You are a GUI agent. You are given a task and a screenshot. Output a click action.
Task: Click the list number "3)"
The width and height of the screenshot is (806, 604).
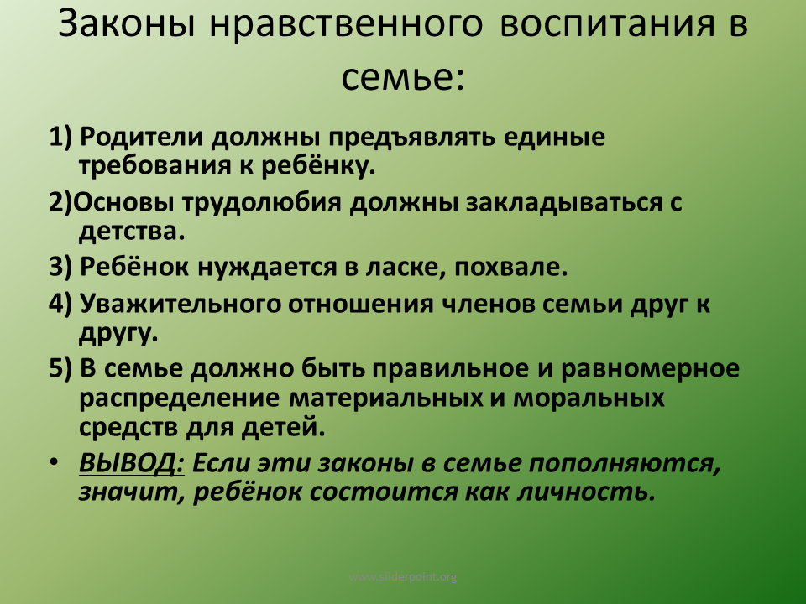point(61,268)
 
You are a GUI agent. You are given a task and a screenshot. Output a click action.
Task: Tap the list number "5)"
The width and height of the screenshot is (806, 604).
point(61,370)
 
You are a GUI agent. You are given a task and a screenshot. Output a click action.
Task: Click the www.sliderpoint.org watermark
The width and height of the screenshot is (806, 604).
point(403,576)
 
